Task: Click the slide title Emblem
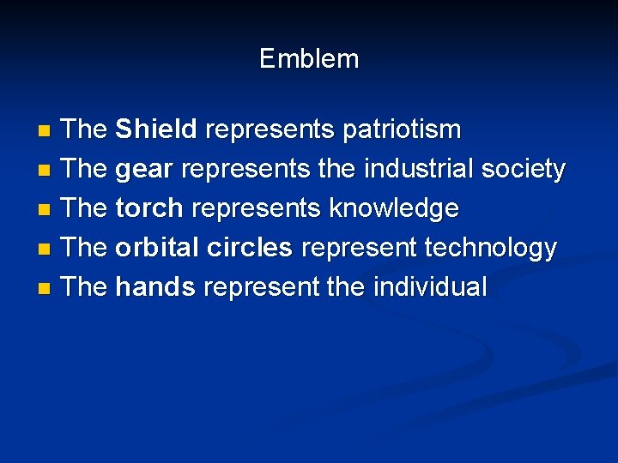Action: point(309,59)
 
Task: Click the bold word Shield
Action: point(156,130)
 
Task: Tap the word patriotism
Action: point(402,130)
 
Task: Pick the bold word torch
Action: point(149,208)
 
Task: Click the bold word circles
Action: point(251,248)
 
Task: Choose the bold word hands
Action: point(154,287)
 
